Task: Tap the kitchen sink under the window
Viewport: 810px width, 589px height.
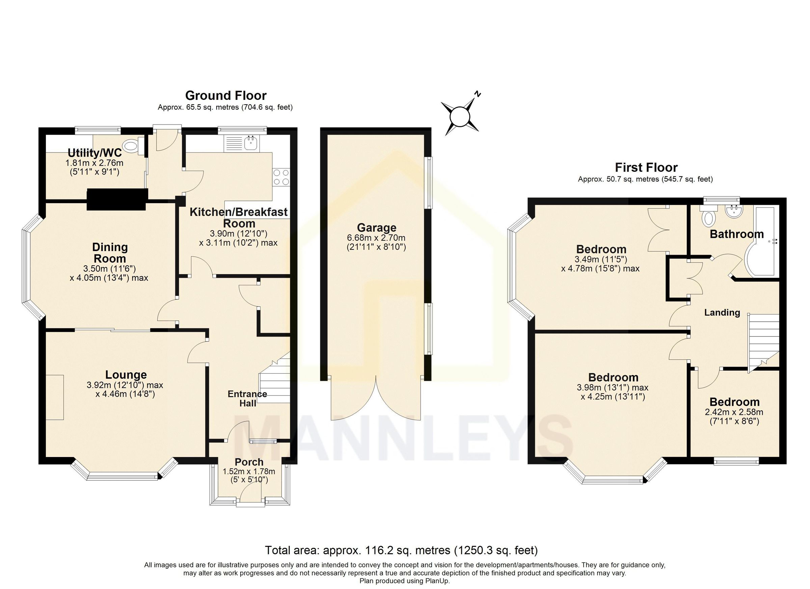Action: click(x=251, y=143)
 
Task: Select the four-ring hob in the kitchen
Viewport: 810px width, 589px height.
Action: click(x=281, y=177)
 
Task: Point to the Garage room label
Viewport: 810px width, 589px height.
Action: click(x=376, y=227)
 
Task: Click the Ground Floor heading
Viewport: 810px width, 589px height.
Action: click(x=226, y=96)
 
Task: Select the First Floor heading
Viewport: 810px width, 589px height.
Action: click(x=646, y=167)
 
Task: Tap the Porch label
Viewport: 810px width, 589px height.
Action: click(x=249, y=462)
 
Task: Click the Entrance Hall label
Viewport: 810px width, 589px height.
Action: click(x=247, y=398)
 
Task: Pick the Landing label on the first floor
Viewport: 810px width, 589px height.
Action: click(x=722, y=313)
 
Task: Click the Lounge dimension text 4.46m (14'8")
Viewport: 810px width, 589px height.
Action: click(x=125, y=394)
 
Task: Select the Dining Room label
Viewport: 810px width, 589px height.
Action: click(x=110, y=252)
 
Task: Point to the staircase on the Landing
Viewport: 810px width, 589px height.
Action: click(x=763, y=341)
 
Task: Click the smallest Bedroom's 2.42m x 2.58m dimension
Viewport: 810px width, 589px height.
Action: click(x=734, y=412)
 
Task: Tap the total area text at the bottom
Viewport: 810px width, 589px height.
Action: click(x=401, y=551)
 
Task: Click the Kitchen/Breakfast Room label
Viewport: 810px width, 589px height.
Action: click(x=239, y=217)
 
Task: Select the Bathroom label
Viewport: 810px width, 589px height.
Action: click(x=736, y=234)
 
